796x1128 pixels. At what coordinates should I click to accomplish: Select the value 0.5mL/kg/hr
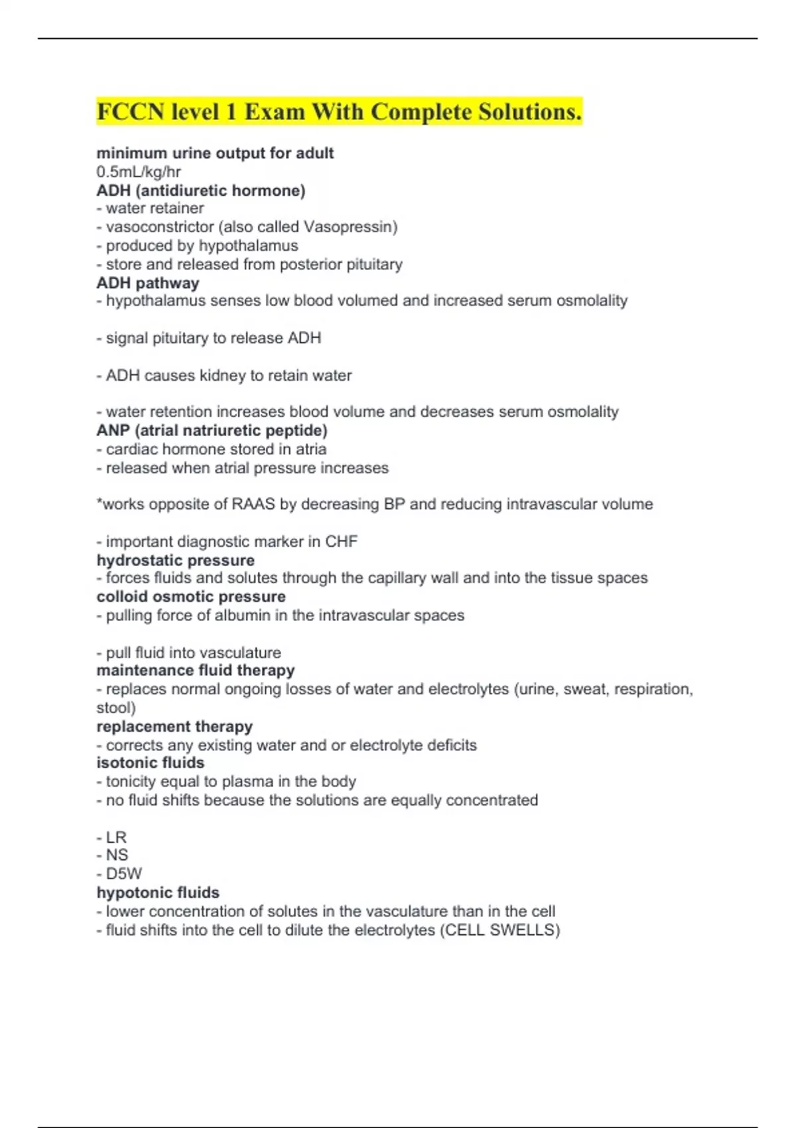click(139, 172)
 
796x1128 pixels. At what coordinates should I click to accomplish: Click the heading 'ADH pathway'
click(148, 283)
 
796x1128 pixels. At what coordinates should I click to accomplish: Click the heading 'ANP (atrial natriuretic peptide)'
click(212, 431)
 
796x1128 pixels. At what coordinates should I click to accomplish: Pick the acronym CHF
click(341, 541)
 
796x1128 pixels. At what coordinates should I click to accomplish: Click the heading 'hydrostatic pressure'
click(175, 561)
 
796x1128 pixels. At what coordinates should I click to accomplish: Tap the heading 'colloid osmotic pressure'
click(191, 597)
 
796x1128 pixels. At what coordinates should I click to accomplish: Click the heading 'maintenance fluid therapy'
click(196, 671)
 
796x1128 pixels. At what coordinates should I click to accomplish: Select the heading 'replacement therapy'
click(174, 727)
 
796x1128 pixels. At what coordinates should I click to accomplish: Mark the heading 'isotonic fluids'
click(151, 763)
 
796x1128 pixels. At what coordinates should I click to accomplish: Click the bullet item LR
click(116, 837)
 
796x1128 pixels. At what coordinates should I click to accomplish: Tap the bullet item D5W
click(123, 874)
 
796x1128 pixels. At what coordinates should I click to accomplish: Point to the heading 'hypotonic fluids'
click(158, 892)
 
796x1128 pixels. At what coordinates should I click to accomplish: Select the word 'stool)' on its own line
click(116, 708)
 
